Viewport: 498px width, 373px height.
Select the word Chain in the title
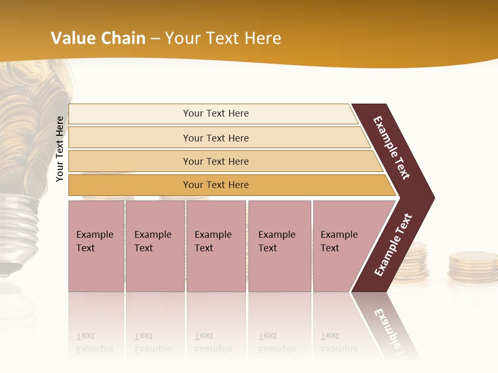pos(123,38)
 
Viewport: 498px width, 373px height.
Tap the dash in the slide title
pos(155,38)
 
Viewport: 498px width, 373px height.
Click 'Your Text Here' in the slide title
pos(223,38)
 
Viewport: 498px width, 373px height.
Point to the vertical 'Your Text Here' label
pos(60,149)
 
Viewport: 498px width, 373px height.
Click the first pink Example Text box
pos(96,246)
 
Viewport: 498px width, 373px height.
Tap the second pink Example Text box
pos(155,246)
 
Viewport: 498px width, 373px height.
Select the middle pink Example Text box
pos(216,246)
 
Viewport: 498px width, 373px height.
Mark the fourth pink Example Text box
pos(280,246)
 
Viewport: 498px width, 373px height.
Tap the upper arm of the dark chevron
pos(392,148)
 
